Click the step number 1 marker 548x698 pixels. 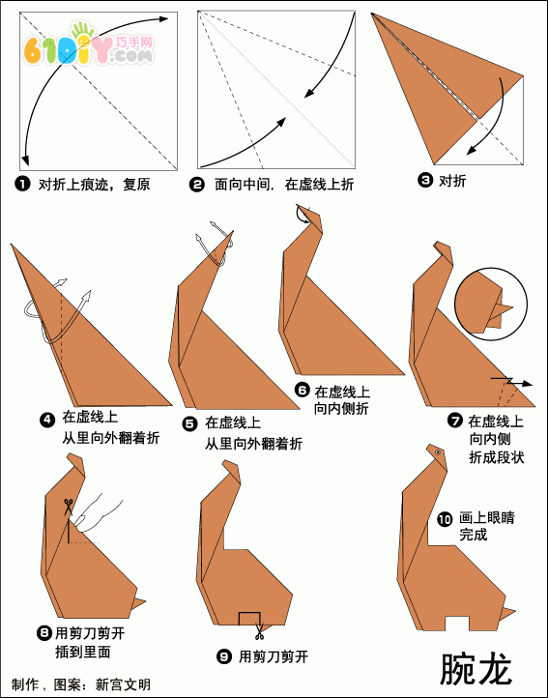pyautogui.click(x=22, y=184)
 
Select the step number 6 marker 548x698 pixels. pyautogui.click(x=302, y=391)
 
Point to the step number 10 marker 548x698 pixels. pyautogui.click(x=445, y=519)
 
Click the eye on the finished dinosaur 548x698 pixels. pyautogui.click(x=438, y=452)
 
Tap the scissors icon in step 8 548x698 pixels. pyautogui.click(x=68, y=507)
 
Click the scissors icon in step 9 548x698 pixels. pyautogui.click(x=259, y=630)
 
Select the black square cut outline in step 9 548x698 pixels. pyautogui.click(x=249, y=619)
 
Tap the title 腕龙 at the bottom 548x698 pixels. pyautogui.click(x=475, y=669)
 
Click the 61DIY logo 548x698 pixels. pyautogui.click(x=88, y=45)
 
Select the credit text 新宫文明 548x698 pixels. pyautogui.click(x=123, y=684)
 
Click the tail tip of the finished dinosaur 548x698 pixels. pyautogui.click(x=515, y=609)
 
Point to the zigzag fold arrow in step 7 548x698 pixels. pyautogui.click(x=512, y=382)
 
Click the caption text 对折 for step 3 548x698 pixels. pyautogui.click(x=452, y=181)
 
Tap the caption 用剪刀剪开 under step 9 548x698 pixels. pyautogui.click(x=274, y=656)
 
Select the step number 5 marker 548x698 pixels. pyautogui.click(x=189, y=423)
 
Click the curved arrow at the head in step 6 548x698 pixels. pyautogui.click(x=302, y=214)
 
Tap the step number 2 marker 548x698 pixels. pyautogui.click(x=196, y=184)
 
